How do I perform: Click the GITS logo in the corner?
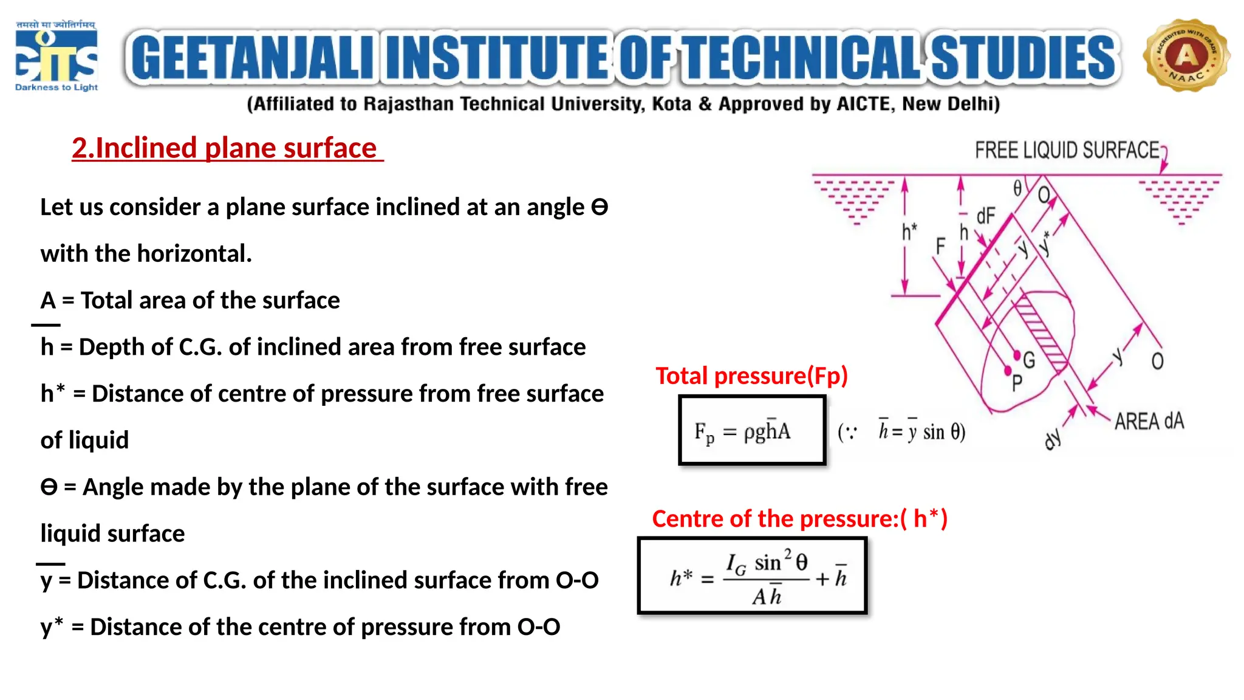(56, 56)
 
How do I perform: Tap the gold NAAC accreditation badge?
(1186, 55)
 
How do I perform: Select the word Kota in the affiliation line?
(671, 104)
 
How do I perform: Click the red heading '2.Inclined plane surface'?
(225, 148)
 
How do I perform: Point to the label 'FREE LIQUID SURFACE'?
(1067, 150)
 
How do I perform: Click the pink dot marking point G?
(1017, 355)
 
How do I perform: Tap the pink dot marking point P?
(1008, 370)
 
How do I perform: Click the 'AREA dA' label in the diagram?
(1149, 421)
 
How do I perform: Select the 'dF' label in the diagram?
(986, 216)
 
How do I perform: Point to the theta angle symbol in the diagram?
(1017, 189)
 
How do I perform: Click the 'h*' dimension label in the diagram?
(909, 231)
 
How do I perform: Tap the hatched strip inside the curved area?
(1042, 331)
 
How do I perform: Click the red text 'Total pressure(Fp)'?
(751, 376)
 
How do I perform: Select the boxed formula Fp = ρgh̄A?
(751, 430)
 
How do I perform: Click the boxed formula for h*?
(752, 576)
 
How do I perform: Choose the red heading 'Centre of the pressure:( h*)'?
(799, 519)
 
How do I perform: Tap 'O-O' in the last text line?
(538, 627)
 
